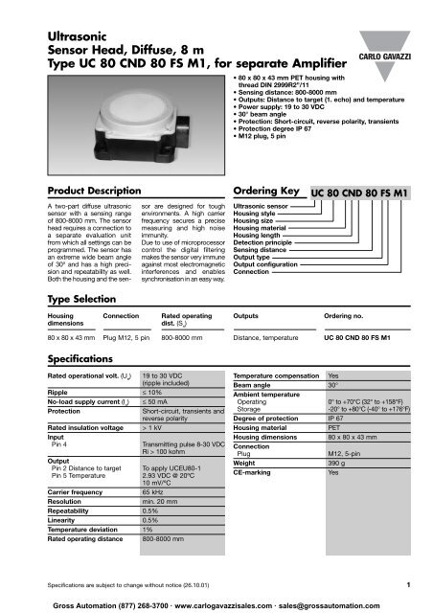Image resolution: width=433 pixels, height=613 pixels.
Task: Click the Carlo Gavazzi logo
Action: (x=389, y=48)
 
